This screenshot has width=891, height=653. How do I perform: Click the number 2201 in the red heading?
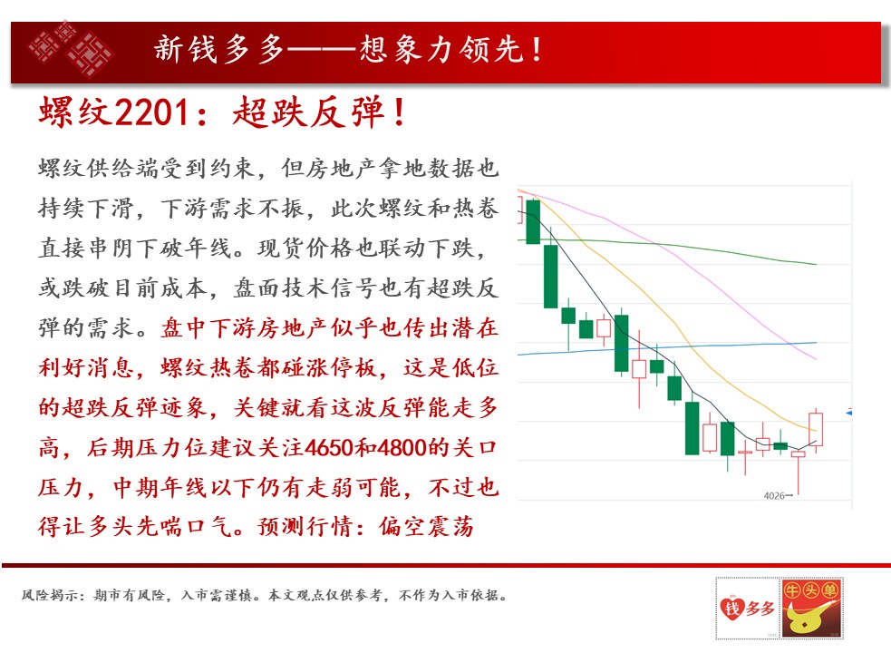(151, 112)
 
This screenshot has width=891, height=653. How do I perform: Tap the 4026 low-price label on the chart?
(774, 496)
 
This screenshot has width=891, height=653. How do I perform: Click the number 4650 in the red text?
(329, 448)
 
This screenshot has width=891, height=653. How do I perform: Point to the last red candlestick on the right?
(816, 430)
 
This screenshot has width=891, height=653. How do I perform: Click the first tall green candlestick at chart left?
(533, 222)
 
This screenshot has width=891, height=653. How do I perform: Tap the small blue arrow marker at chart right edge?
(848, 412)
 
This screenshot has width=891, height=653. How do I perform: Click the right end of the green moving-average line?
(816, 265)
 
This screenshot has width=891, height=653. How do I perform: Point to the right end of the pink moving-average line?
(816, 359)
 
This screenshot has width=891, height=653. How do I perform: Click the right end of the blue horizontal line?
(816, 343)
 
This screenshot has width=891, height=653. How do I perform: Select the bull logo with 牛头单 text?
(811, 608)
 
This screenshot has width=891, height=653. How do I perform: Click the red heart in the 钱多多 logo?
(731, 608)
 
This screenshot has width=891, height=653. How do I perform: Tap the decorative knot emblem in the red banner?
(71, 50)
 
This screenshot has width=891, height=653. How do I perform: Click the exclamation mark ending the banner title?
(537, 49)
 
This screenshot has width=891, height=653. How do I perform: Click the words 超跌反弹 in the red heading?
(308, 112)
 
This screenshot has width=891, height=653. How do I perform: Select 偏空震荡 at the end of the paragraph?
(426, 527)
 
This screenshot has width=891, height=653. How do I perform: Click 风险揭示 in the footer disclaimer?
(46, 595)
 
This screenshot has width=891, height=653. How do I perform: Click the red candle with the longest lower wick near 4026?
(799, 473)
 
